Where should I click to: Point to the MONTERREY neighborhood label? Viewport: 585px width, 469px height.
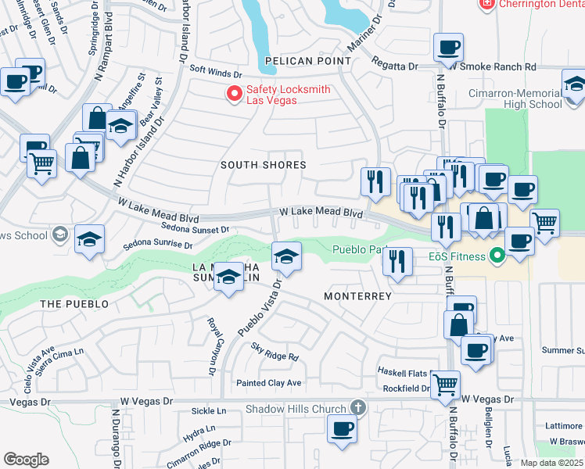point(357,296)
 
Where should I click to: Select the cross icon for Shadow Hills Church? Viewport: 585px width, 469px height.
point(357,408)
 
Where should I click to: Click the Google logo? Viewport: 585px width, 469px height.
point(26,460)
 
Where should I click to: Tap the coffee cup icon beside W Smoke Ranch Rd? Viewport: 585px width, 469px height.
point(448,48)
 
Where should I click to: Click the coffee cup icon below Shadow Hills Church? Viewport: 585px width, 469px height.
point(341,428)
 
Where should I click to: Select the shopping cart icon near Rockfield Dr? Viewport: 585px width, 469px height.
point(445,384)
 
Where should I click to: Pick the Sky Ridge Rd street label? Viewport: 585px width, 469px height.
point(275,352)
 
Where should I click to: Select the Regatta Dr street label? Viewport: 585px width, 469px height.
point(394,66)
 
